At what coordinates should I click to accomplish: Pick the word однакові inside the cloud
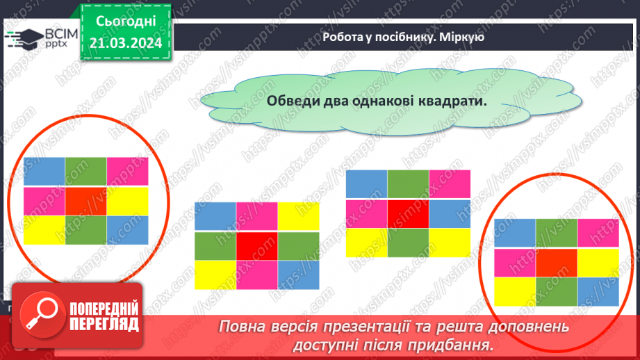pos(392,100)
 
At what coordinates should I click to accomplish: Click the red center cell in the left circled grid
pos(86,201)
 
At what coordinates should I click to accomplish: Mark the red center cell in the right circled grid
pos(556,262)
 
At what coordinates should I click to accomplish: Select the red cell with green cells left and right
pos(256,246)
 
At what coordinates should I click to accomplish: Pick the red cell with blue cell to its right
pos(408,213)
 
